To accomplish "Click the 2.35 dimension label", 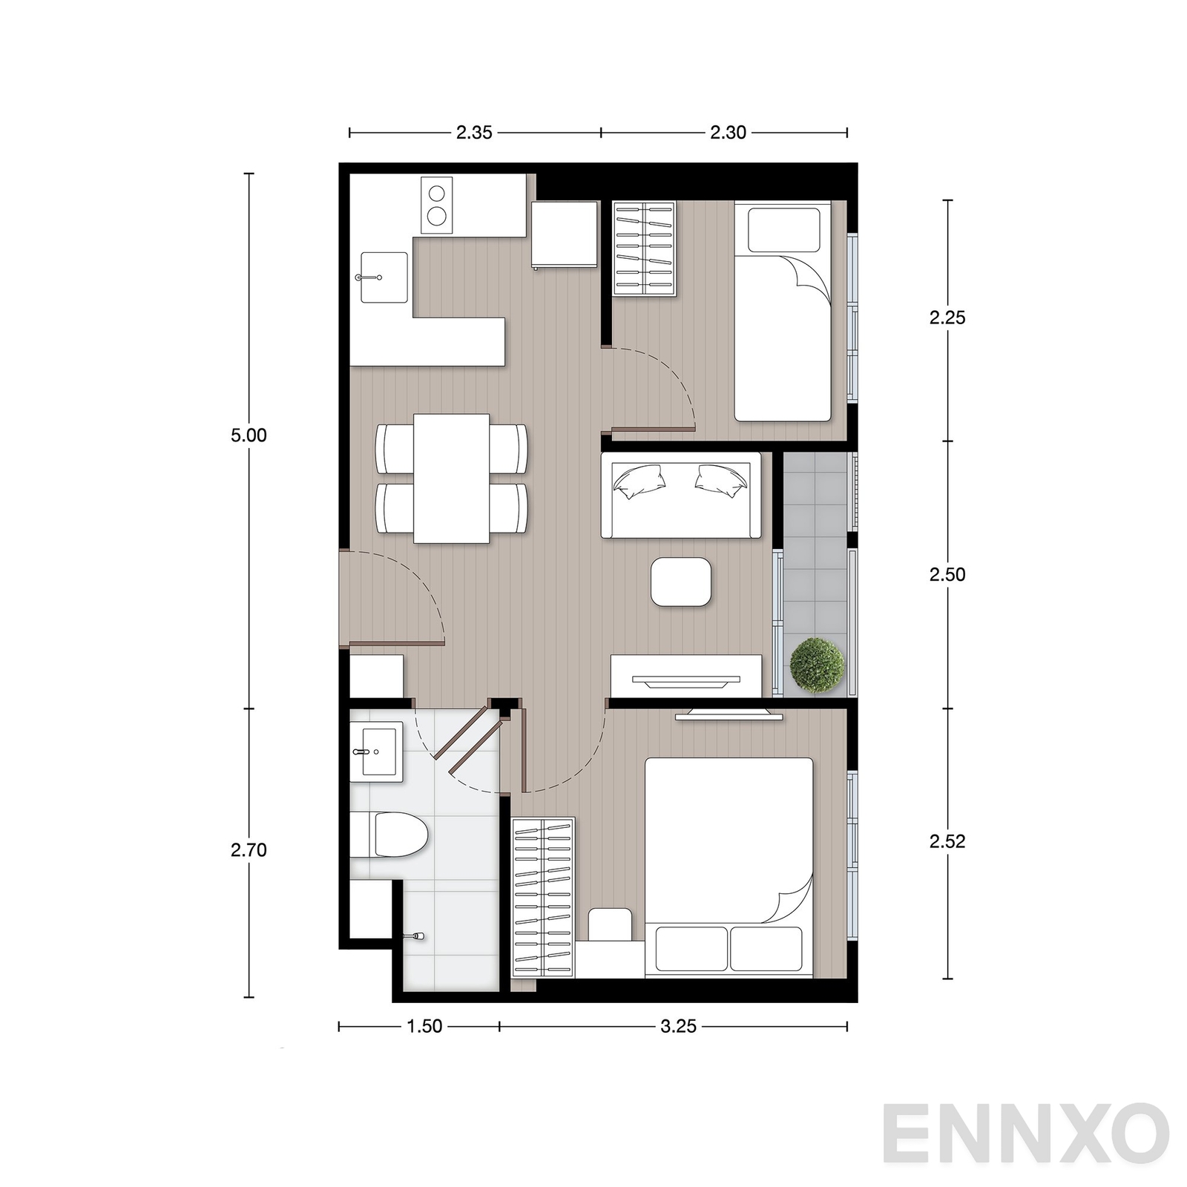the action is pyautogui.click(x=474, y=133).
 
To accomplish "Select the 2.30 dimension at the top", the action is pyautogui.click(x=728, y=133).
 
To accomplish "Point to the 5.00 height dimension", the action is pyautogui.click(x=249, y=435).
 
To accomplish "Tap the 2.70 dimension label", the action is pyautogui.click(x=249, y=850).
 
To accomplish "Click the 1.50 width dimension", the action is pyautogui.click(x=424, y=1026).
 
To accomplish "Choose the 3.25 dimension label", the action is pyautogui.click(x=679, y=1026).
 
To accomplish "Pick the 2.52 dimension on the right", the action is pyautogui.click(x=947, y=841).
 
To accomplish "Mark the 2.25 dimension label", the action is pyautogui.click(x=947, y=318).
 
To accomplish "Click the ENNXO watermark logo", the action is pyautogui.click(x=1026, y=1134).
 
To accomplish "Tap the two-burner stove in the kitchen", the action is pyautogui.click(x=437, y=205).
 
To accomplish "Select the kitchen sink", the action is pyautogui.click(x=384, y=277).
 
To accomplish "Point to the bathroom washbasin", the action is pyautogui.click(x=376, y=752).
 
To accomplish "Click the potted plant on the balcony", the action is pyautogui.click(x=818, y=665).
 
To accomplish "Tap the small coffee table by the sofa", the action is pyautogui.click(x=681, y=582).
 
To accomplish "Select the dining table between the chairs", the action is pyautogui.click(x=452, y=479).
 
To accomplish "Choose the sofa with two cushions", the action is pyautogui.click(x=681, y=495).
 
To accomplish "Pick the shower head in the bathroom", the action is pyautogui.click(x=414, y=937).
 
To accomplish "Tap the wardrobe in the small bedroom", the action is pyautogui.click(x=645, y=249).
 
